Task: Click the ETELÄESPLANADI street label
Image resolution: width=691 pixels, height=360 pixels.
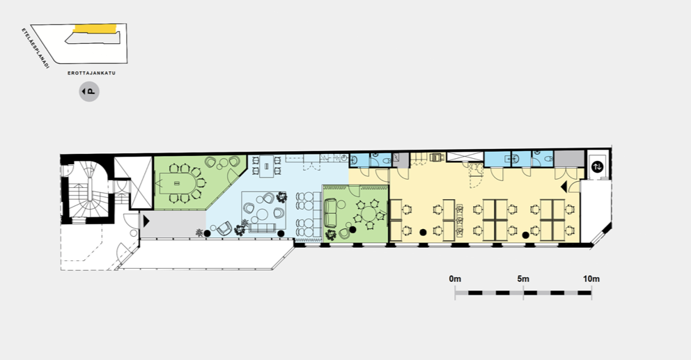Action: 35,48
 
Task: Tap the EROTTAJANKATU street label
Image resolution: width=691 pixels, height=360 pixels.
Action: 92,73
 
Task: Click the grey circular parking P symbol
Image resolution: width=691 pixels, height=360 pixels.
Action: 89,92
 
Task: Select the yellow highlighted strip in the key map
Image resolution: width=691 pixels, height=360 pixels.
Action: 95,29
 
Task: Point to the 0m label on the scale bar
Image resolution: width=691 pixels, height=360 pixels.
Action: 455,279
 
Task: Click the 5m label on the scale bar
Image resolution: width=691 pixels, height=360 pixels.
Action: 523,279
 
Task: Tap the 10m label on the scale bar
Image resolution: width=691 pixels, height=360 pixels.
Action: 591,279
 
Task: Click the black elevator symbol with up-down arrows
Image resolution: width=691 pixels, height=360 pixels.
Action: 598,167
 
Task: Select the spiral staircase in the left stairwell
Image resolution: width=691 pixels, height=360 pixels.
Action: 86,190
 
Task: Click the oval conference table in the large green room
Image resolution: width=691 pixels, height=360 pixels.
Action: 178,183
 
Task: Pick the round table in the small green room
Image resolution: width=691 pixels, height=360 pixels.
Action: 368,214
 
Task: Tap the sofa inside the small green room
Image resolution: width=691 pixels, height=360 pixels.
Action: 330,213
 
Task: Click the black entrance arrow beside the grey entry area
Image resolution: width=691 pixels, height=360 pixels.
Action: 146,220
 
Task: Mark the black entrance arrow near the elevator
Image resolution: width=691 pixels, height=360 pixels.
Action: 564,187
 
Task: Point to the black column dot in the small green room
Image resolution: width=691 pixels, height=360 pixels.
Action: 352,230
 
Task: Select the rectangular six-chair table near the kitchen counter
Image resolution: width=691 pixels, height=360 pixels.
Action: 267,166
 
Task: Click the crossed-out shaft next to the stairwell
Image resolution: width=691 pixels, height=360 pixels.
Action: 134,182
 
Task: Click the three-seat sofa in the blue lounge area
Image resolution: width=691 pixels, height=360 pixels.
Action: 263,228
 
